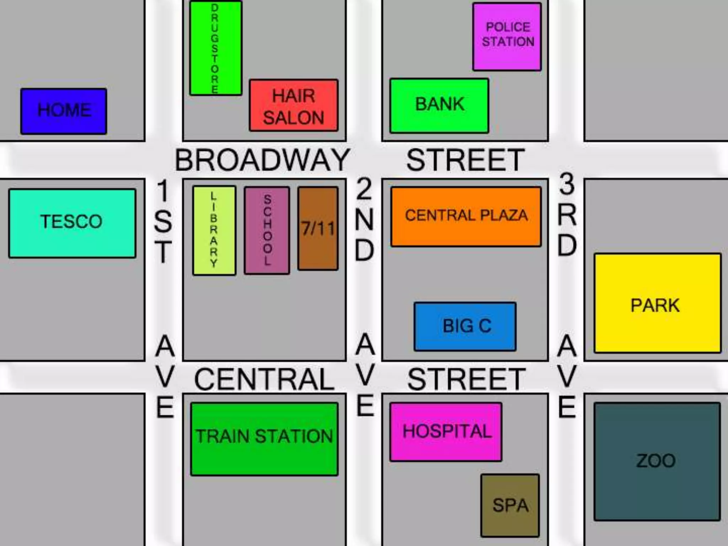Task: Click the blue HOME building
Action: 64,111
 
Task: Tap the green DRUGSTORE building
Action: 215,48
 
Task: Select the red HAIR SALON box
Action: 294,106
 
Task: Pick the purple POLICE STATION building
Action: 507,37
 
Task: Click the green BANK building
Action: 439,106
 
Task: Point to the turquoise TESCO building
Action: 72,223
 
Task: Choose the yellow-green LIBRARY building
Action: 214,230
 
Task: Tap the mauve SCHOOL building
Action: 267,230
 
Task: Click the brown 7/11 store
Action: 318,228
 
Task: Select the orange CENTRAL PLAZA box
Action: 466,216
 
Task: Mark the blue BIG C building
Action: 465,326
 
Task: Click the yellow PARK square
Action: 657,303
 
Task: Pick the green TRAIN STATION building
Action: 264,439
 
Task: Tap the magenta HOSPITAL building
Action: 446,432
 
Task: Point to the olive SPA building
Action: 510,505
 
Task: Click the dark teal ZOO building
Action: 657,461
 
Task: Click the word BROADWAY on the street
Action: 262,160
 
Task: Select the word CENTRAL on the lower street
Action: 264,379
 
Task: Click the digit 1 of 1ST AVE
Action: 163,191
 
